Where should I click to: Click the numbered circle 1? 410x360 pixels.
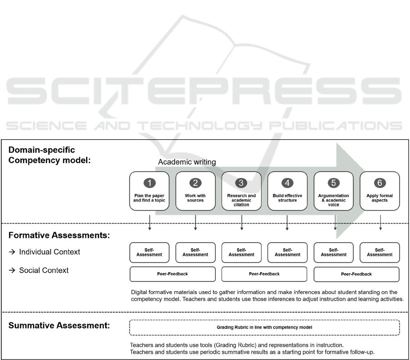149,183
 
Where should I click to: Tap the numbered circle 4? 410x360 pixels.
288,183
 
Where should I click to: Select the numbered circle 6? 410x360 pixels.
380,183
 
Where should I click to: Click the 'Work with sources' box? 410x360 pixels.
196,191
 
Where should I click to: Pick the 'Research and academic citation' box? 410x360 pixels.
242,191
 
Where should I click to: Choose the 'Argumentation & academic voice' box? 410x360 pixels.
334,191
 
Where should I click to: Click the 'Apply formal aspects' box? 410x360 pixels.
380,191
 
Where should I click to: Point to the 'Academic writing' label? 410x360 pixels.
187,162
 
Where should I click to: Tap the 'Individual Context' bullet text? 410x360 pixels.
50,252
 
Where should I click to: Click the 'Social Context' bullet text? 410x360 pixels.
44,270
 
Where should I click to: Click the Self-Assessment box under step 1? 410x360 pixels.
149,252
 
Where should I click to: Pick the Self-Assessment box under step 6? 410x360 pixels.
380,252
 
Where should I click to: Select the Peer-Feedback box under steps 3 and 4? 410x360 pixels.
264,274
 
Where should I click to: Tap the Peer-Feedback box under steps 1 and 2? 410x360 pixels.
172,274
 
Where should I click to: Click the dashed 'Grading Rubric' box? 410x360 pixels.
264,327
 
